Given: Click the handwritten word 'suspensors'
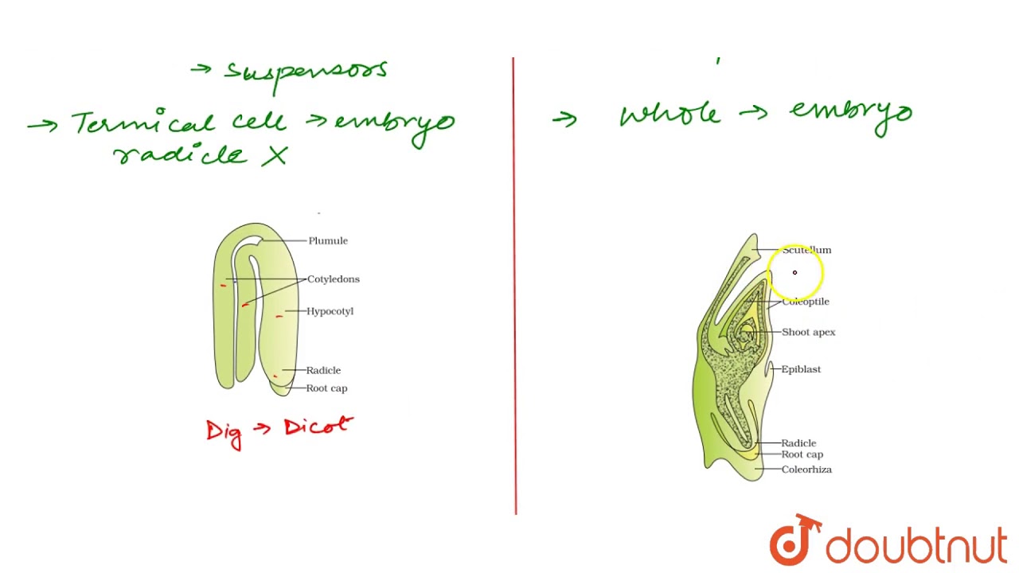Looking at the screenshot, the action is point(306,71).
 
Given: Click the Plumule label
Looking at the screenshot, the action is point(327,240).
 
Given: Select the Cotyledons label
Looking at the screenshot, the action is point(333,279).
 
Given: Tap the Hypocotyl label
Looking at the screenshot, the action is point(330,311).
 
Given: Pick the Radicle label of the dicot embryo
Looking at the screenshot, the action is point(323,370).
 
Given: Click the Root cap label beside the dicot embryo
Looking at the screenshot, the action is point(326,388).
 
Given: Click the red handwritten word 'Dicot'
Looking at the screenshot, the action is point(318,427).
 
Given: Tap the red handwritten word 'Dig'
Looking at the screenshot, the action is point(224,432).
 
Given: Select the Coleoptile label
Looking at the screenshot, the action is point(805,302).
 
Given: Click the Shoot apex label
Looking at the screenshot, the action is point(808,332).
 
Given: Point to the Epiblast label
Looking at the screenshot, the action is point(800,369).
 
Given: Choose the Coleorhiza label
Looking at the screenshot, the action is point(806,470).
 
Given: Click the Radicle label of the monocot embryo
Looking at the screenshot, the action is point(798,443).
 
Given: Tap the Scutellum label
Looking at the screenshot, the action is point(806,250).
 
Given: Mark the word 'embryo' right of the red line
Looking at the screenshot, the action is point(851,114).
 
